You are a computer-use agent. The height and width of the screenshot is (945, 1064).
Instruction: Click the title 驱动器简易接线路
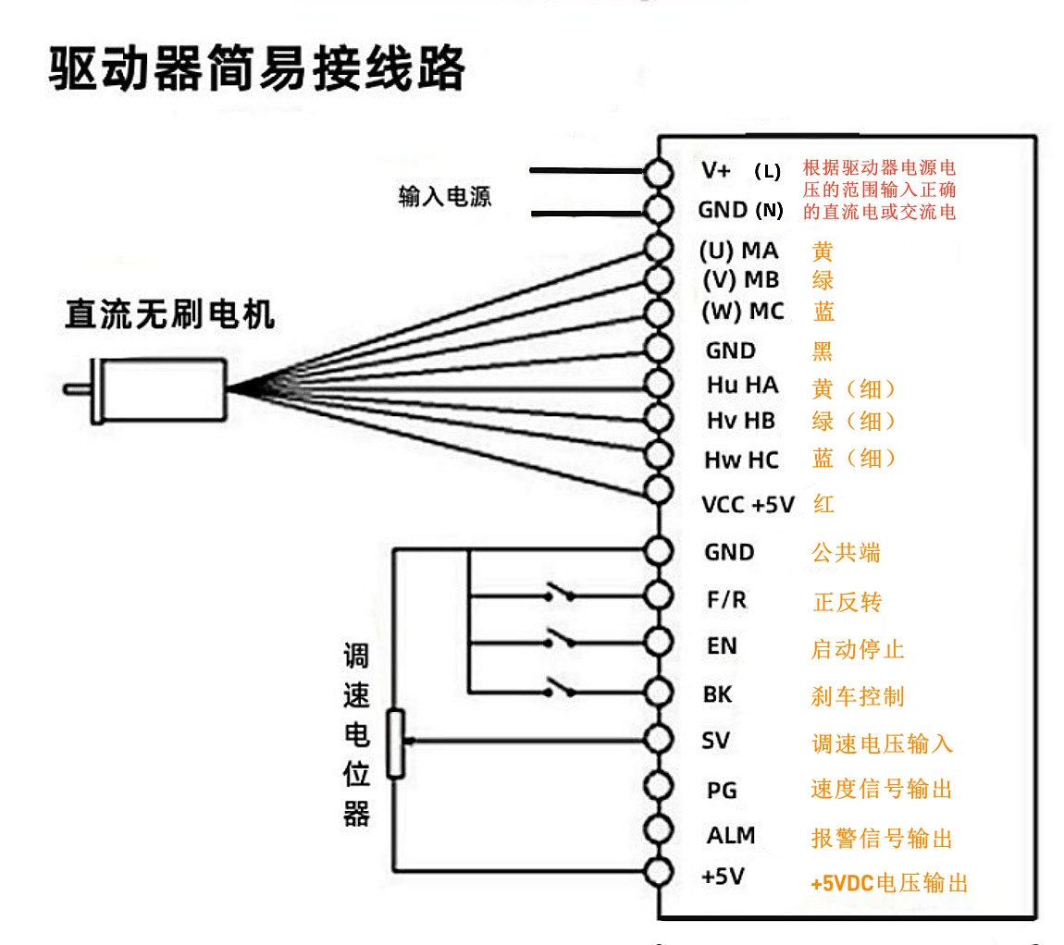point(256,68)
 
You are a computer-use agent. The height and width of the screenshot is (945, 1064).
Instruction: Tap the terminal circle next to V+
point(658,172)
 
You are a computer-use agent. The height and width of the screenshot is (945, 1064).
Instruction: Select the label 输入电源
point(444,197)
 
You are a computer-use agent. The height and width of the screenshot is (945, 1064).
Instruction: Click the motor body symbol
point(162,390)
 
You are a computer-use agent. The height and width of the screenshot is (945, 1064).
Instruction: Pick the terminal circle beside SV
point(658,739)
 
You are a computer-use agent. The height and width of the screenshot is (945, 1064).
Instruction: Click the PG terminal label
point(722,791)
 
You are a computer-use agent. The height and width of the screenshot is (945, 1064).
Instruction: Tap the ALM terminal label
point(731,836)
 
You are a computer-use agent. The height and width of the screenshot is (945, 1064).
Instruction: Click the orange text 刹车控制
point(858,696)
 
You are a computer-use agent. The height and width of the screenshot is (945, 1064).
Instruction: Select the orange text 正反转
point(847,603)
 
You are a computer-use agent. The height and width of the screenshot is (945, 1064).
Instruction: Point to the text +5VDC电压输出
point(889,883)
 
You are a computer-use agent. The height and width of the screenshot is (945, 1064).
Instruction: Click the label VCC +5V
point(748,505)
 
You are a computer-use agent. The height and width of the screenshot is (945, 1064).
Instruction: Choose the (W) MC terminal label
point(742,312)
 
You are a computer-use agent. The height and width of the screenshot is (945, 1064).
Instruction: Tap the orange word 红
point(823,504)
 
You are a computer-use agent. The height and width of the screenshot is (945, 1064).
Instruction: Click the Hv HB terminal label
point(740,422)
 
